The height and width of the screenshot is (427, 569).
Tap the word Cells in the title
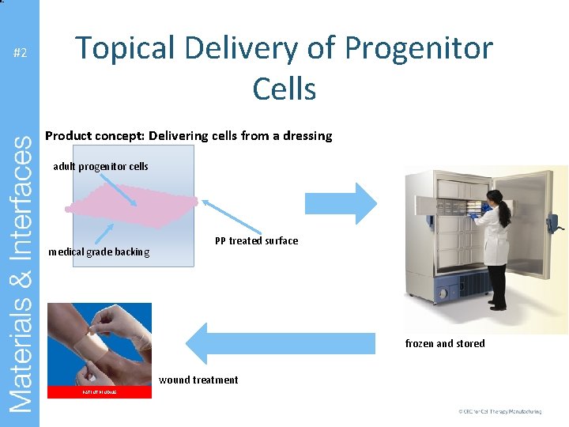pos(284,89)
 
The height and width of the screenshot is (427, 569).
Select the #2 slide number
pos(21,53)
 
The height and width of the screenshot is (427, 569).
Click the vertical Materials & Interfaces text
pos(21,273)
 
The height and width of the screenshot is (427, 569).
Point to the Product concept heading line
pos(188,136)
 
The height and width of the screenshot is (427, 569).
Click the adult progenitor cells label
pos(100,167)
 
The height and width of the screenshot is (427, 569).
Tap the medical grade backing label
pos(99,252)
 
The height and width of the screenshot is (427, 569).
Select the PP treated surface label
pos(256,241)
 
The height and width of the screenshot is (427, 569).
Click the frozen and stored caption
pos(445,343)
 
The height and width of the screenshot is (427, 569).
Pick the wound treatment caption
pos(198,380)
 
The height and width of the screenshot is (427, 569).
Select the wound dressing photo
pos(100,345)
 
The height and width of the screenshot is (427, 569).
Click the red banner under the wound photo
pos(100,392)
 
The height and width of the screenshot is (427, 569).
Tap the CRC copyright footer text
pos(499,412)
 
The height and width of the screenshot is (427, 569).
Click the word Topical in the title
pos(137,48)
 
